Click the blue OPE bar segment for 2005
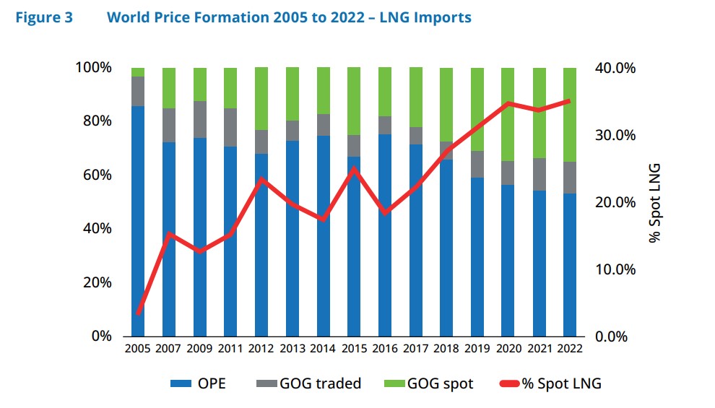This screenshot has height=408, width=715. click(x=138, y=220)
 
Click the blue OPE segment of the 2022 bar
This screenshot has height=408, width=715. click(x=569, y=264)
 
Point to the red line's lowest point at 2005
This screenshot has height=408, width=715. click(x=138, y=313)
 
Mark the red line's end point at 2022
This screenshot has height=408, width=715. click(x=569, y=101)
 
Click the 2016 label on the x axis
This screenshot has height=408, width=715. click(x=384, y=348)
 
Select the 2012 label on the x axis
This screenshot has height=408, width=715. click(x=261, y=348)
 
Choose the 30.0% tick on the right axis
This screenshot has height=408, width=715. click(x=616, y=135)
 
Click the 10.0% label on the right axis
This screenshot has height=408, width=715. click(x=616, y=270)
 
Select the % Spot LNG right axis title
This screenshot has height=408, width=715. click(x=654, y=202)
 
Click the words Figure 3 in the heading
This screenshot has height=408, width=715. click(x=44, y=17)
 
